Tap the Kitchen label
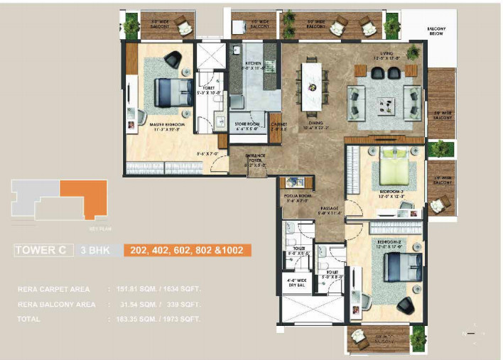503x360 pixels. [254, 63]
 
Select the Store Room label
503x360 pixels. [248, 124]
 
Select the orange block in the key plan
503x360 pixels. [84, 197]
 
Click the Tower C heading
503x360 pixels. [43, 250]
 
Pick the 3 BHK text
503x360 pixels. [94, 250]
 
